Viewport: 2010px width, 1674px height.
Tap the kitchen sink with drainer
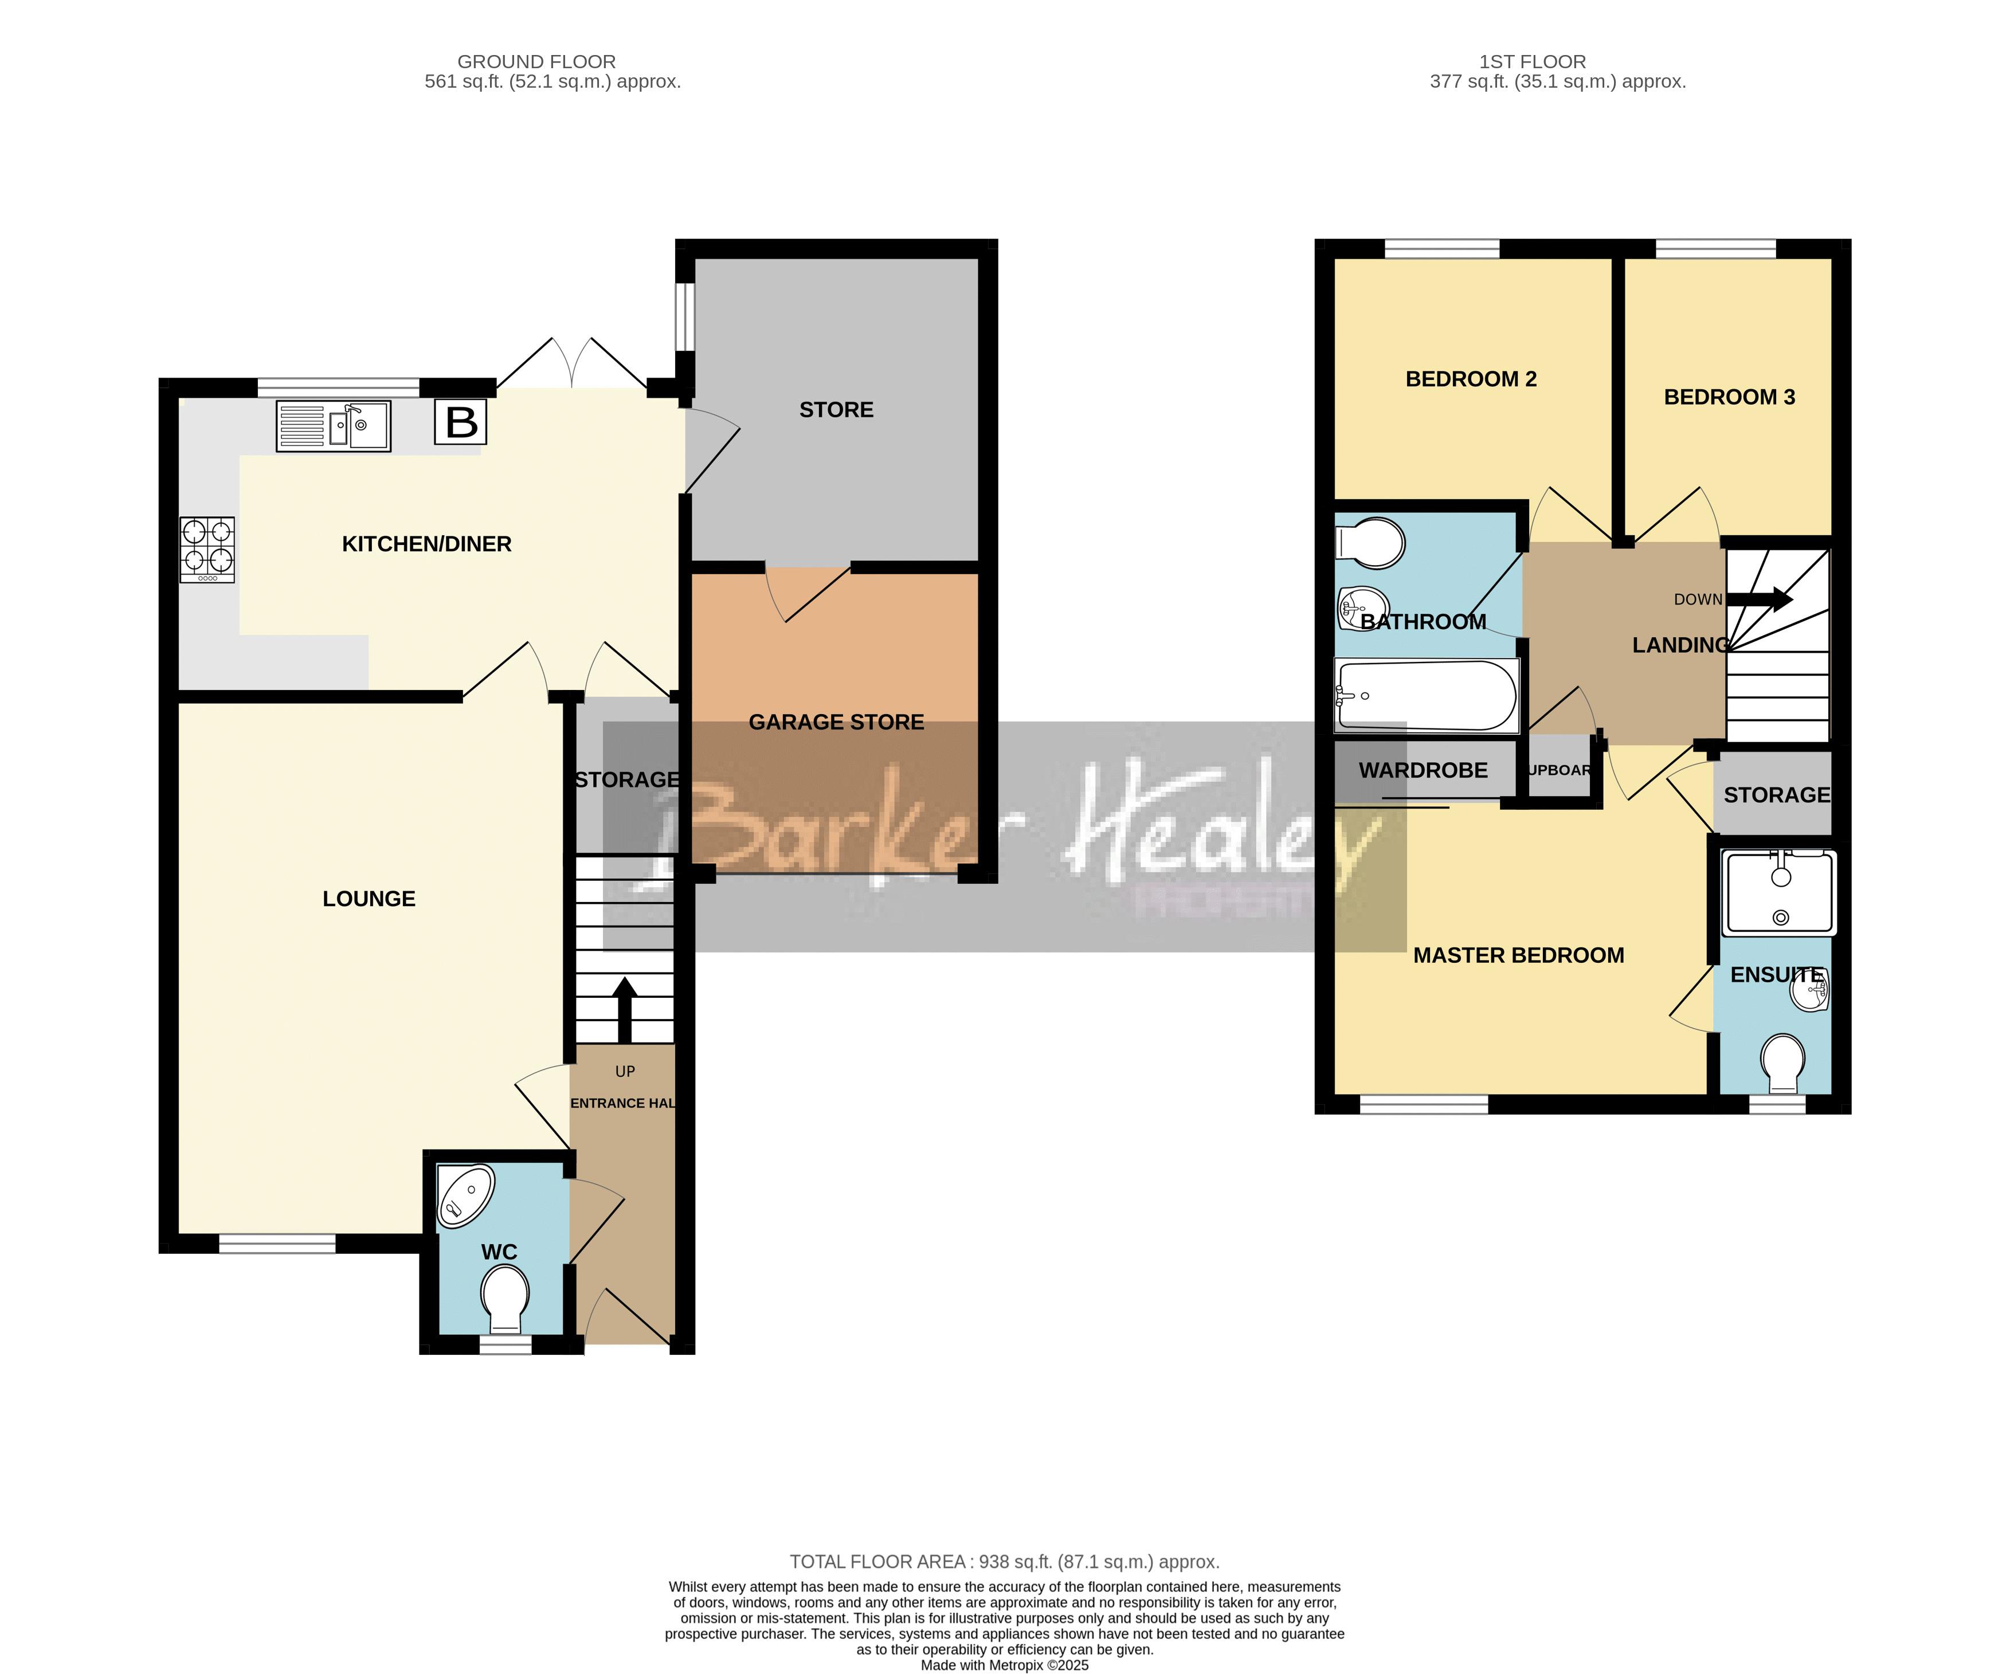pyautogui.click(x=333, y=426)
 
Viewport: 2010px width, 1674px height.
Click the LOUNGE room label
pyautogui.click(x=369, y=899)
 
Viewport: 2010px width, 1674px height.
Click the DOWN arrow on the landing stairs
pyautogui.click(x=1766, y=599)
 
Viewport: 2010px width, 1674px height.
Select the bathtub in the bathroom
pyautogui.click(x=1426, y=696)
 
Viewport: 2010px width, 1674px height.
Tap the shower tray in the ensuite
pyautogui.click(x=1778, y=893)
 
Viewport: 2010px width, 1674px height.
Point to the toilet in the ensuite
pyautogui.click(x=1782, y=1063)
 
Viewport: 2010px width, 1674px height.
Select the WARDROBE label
pyautogui.click(x=1423, y=770)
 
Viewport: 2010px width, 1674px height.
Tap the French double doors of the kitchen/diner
pyautogui.click(x=571, y=364)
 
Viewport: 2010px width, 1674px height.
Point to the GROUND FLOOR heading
pyautogui.click(x=536, y=61)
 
